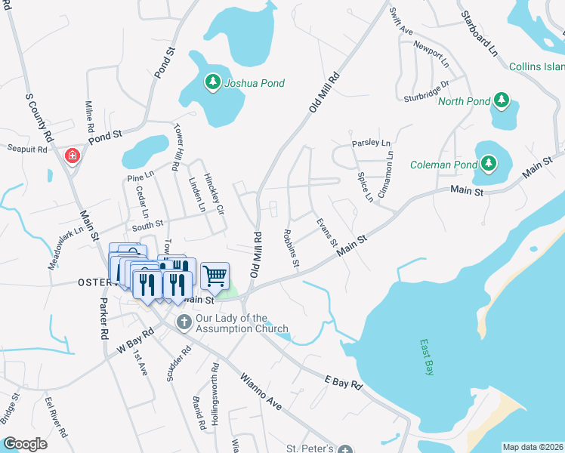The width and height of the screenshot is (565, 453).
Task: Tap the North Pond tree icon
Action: tap(501, 100)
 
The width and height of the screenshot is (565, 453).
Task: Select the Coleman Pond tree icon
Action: tap(488, 163)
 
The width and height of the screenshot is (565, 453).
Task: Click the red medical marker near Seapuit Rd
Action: tap(73, 156)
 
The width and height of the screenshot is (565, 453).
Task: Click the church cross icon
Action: tap(184, 322)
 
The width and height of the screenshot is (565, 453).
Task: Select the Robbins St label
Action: tap(291, 249)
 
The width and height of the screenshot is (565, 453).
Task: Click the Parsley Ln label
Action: tap(371, 143)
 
